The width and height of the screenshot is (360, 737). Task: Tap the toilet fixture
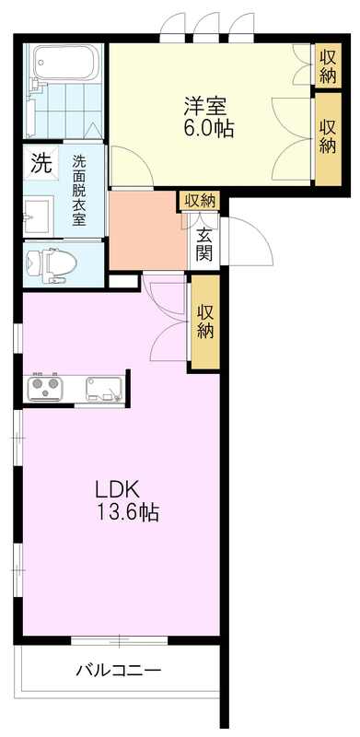point(52,264)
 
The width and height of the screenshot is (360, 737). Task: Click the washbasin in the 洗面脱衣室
point(38,216)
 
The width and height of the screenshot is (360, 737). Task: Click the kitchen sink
point(103,389)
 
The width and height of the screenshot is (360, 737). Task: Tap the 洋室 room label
point(205,106)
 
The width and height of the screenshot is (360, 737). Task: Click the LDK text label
point(117,490)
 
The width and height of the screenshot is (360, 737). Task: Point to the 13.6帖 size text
point(127,512)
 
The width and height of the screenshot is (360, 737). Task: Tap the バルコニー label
point(119,669)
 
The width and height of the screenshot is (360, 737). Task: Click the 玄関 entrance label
point(204,244)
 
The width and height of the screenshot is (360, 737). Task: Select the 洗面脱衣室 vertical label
point(79,191)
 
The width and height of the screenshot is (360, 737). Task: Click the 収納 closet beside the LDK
point(205,322)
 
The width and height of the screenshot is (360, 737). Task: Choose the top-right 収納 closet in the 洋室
point(328,65)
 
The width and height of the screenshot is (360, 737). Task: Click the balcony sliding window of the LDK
point(120,639)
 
